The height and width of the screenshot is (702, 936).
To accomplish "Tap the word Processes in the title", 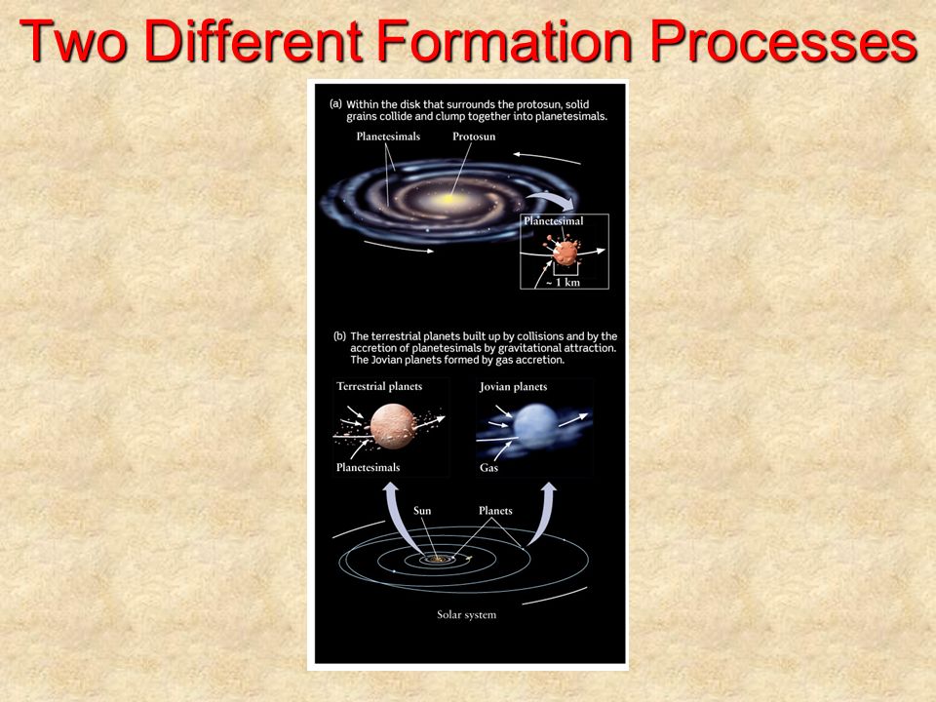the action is click(x=783, y=41).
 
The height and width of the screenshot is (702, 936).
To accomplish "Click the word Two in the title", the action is click(x=73, y=41).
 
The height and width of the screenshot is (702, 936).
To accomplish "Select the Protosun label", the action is click(x=474, y=136).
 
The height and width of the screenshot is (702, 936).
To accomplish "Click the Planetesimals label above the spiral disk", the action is click(x=388, y=136).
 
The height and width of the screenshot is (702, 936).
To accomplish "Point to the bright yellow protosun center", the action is click(x=447, y=199).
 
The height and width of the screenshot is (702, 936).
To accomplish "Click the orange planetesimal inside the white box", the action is click(x=564, y=252).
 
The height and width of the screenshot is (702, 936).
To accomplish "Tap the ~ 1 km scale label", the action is click(x=563, y=283).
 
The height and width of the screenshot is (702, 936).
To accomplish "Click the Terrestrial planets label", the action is click(x=379, y=386).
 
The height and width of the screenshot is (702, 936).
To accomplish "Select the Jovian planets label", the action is click(x=513, y=387).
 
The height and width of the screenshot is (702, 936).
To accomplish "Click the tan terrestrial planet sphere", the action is click(x=392, y=426).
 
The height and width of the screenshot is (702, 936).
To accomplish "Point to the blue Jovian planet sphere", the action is click(x=536, y=426).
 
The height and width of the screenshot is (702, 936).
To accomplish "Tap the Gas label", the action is click(x=488, y=468).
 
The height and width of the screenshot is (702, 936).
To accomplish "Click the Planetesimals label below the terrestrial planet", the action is click(x=368, y=467).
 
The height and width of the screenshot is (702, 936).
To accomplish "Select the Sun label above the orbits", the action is click(x=422, y=511).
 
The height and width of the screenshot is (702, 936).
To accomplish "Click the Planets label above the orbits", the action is click(x=495, y=511).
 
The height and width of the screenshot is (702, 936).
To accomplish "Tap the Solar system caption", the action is click(x=466, y=615).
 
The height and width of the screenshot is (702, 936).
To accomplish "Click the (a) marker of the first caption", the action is click(x=335, y=104).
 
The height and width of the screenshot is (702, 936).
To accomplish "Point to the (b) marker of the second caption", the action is click(x=339, y=336).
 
